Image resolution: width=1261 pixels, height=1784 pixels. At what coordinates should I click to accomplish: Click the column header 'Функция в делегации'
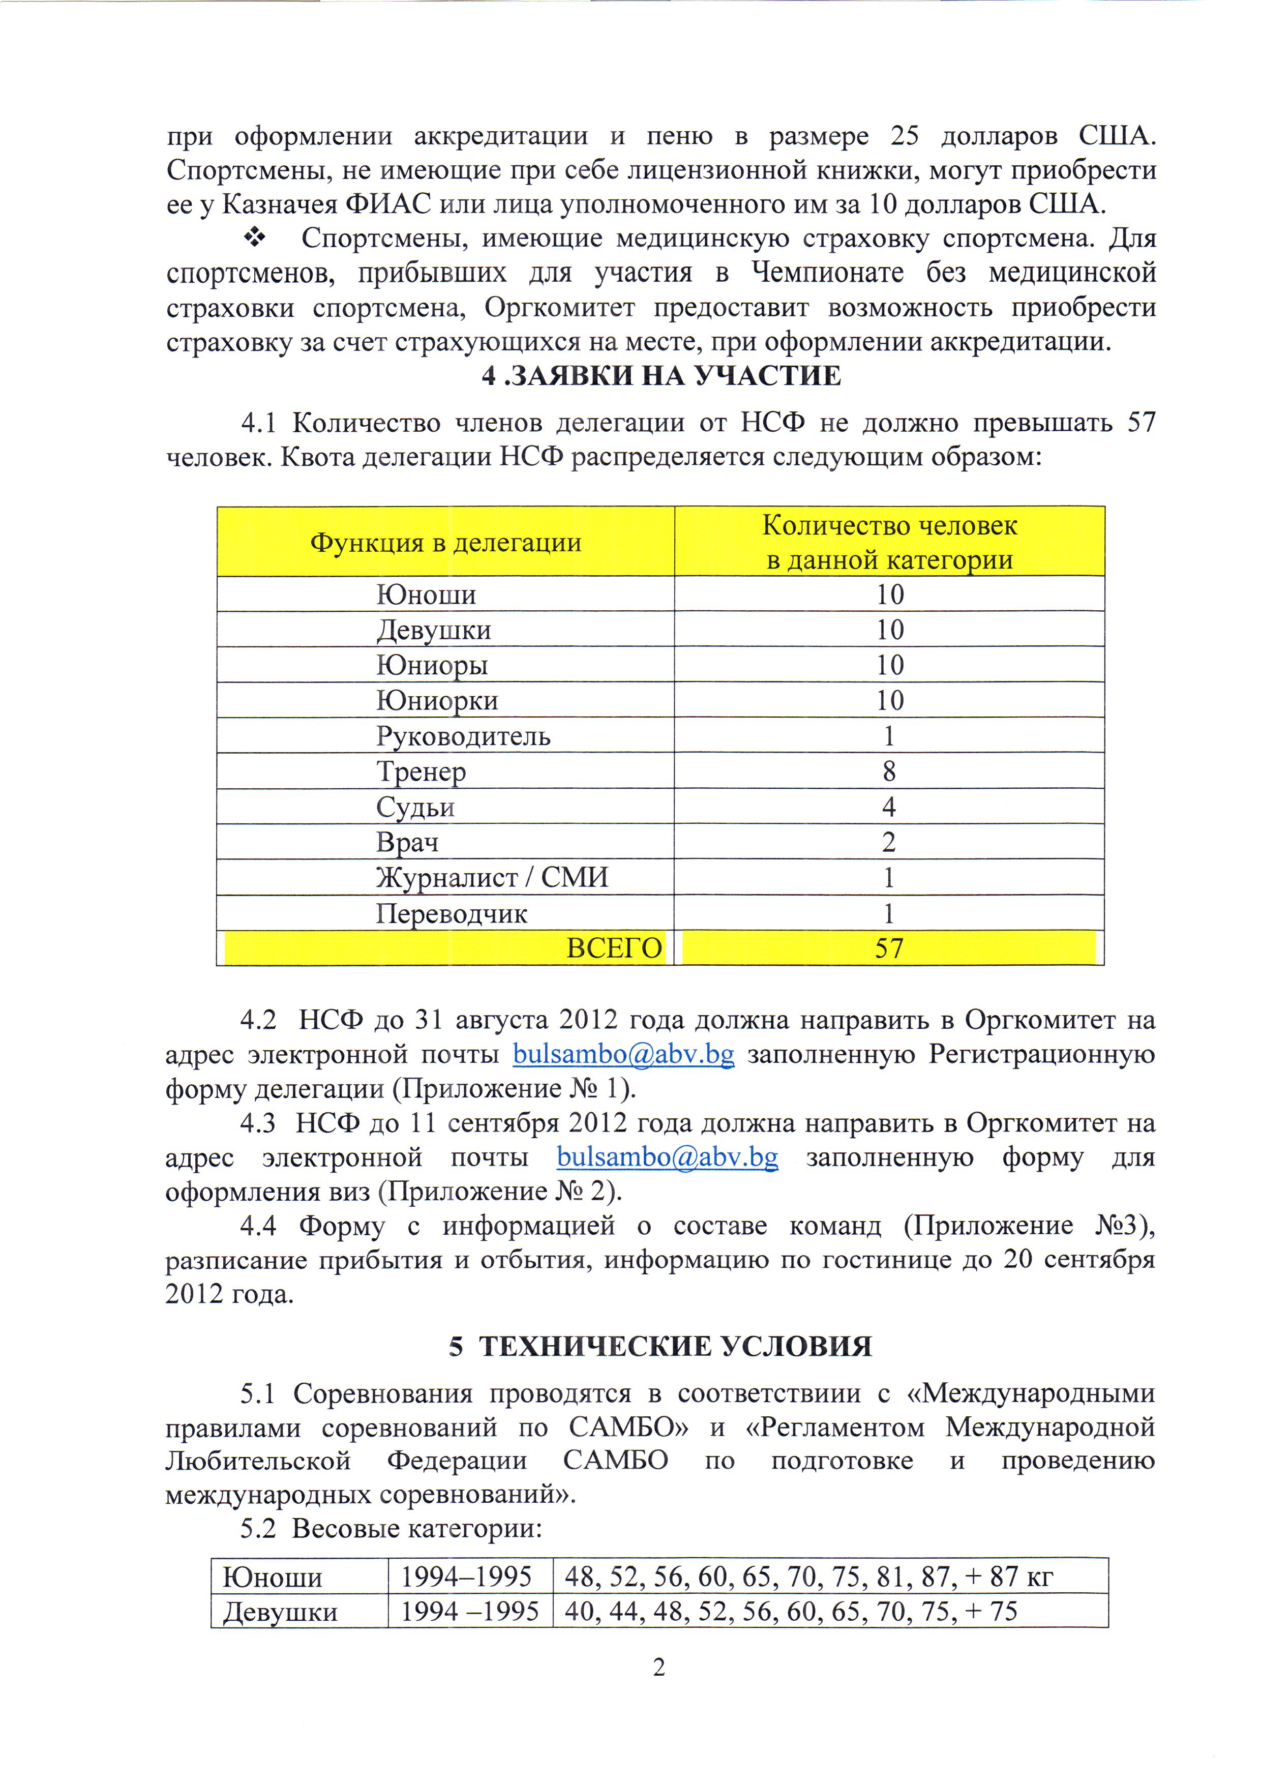point(445,542)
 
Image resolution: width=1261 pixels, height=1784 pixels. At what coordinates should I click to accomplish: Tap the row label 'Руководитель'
point(463,736)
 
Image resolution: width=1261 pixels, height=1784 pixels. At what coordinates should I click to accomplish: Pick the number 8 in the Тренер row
point(889,771)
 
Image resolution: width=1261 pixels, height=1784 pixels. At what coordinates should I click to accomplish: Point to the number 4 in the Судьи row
point(889,807)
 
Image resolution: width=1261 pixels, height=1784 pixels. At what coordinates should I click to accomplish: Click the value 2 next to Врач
point(889,842)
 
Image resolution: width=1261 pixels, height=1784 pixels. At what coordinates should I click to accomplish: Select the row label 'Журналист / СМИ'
point(492,878)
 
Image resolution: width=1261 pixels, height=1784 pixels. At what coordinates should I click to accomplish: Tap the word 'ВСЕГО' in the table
point(614,949)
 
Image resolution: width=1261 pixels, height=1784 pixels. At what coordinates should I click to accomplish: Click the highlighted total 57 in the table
point(889,949)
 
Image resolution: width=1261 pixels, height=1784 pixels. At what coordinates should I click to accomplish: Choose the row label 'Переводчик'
point(452,914)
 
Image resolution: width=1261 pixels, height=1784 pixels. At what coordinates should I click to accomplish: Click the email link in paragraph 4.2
point(623,1054)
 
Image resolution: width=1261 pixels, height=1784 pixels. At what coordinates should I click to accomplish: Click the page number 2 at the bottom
point(659,1668)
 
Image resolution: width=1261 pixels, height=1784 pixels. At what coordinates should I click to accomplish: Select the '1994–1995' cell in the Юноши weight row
point(466,1577)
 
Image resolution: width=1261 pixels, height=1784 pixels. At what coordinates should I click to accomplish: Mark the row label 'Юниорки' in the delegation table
point(437,701)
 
